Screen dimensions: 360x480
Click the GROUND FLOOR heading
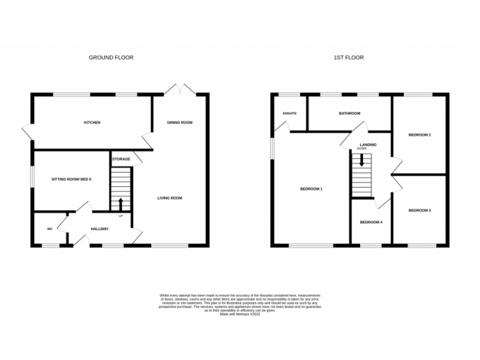click(x=111, y=57)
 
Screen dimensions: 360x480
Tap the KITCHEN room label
click(x=92, y=122)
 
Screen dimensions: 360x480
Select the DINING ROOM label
click(x=179, y=122)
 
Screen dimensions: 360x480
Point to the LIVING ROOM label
click(x=169, y=198)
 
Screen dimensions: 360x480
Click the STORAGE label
click(x=121, y=159)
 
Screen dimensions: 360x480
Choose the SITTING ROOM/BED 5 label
click(x=71, y=179)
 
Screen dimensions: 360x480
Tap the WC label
click(x=49, y=229)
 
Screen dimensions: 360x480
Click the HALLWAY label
click(x=99, y=229)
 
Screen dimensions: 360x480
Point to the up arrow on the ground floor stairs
click(x=121, y=203)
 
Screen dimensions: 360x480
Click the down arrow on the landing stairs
click(x=361, y=161)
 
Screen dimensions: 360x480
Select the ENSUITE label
click(x=289, y=113)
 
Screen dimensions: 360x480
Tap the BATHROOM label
click(x=349, y=113)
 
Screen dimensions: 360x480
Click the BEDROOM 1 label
click(x=311, y=189)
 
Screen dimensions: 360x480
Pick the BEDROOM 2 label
click(x=420, y=135)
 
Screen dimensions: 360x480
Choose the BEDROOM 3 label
click(x=419, y=211)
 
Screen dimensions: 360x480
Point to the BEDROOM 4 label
click(x=371, y=222)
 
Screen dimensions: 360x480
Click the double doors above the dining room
click(x=180, y=89)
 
